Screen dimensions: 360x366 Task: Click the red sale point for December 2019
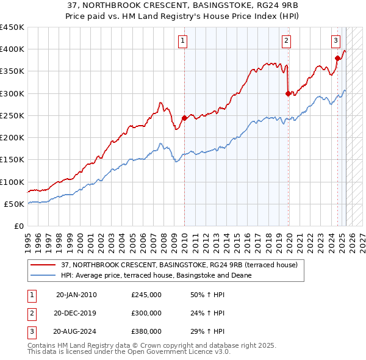pyautogui.click(x=288, y=93)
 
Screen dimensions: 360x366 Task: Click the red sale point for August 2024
pyautogui.click(x=337, y=58)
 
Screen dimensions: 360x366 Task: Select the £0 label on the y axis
pyautogui.click(x=18, y=226)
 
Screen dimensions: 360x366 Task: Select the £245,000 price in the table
pyautogui.click(x=146, y=295)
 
